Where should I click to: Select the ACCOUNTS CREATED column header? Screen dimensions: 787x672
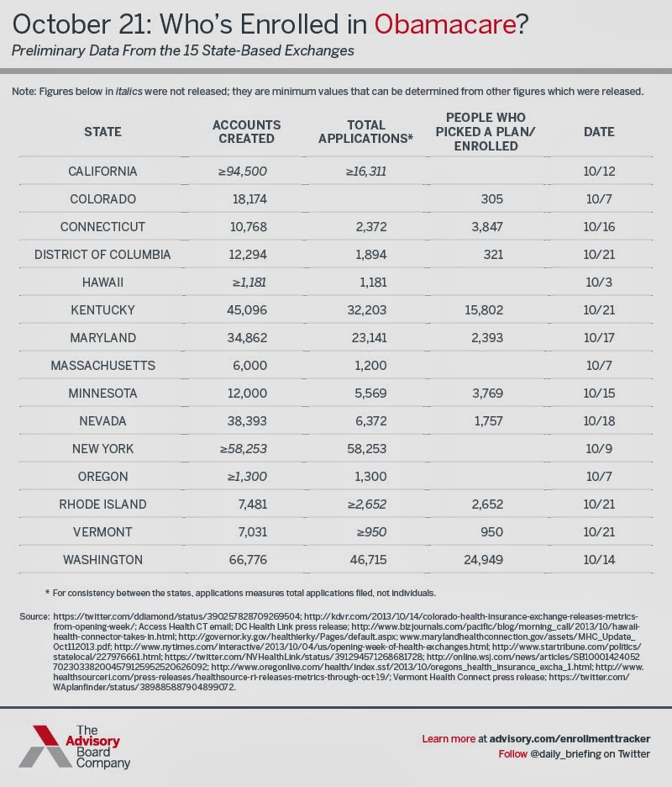click(x=246, y=131)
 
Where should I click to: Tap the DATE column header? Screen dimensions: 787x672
click(x=599, y=131)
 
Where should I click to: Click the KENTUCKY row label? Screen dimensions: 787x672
click(x=103, y=309)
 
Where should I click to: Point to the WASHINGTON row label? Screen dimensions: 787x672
click(x=103, y=559)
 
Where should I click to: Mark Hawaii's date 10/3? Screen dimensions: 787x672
click(x=599, y=282)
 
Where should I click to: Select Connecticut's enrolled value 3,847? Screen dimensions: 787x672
click(x=482, y=227)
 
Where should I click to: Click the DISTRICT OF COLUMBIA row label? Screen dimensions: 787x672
click(x=103, y=254)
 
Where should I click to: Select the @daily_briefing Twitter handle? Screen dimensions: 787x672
click(x=570, y=754)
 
